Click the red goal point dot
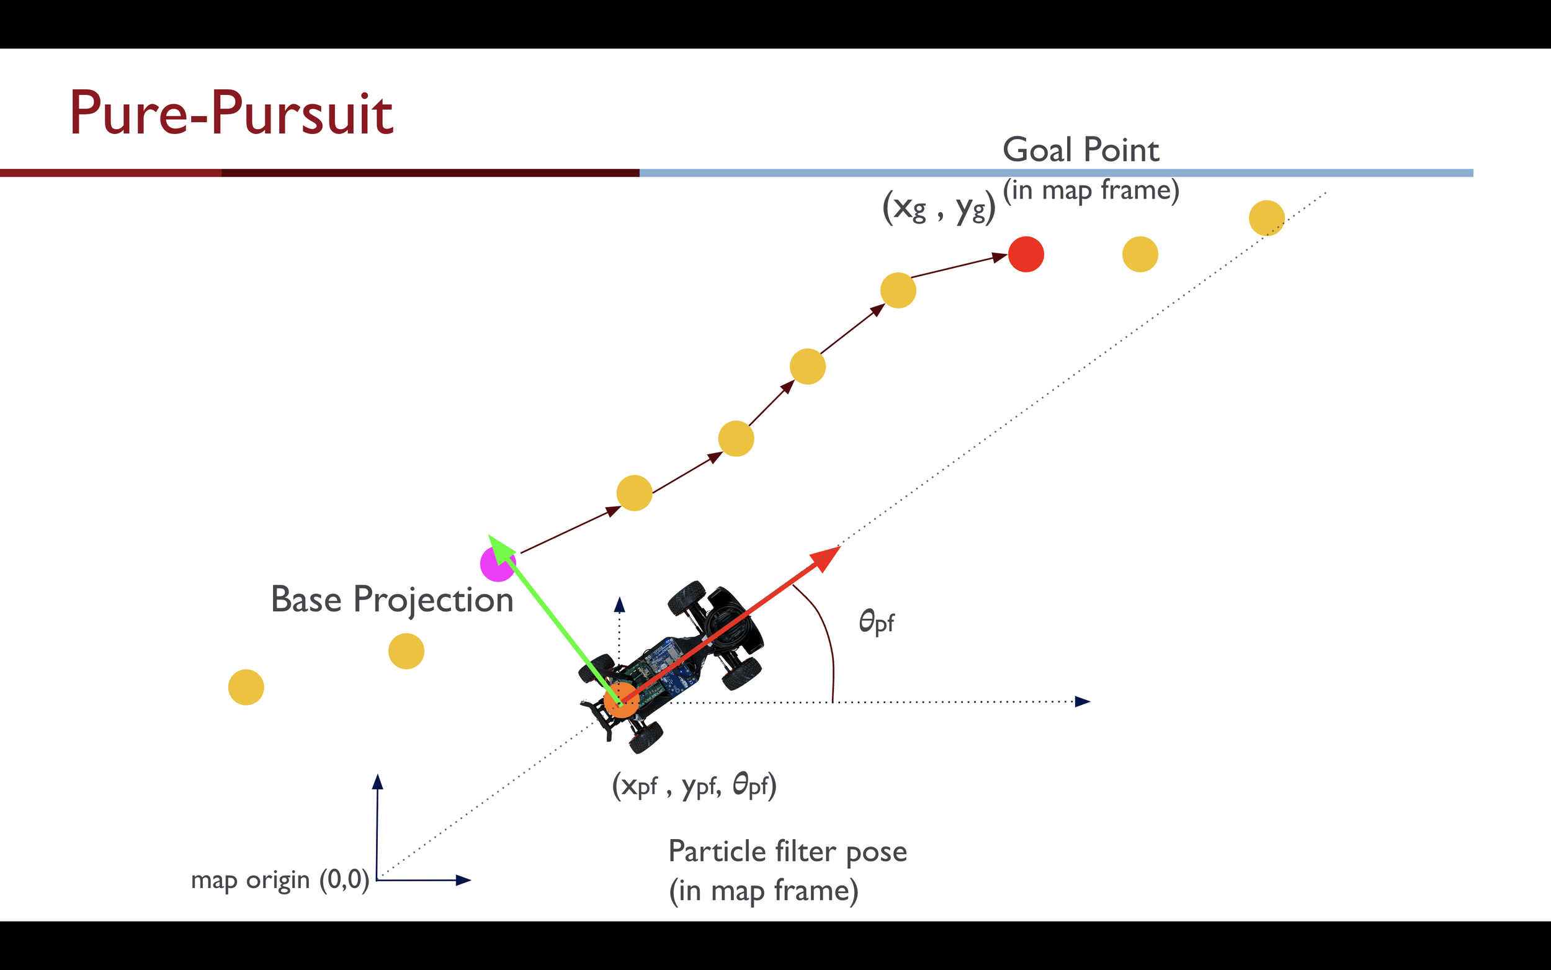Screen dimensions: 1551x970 1026,254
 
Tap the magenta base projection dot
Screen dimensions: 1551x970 497,565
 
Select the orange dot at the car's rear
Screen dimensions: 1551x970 620,700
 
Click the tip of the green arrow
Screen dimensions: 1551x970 491,536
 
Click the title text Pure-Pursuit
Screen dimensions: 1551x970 231,114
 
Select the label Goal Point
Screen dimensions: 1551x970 1080,150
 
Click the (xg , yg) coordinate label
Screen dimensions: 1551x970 938,208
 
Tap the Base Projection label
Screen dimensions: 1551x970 391,600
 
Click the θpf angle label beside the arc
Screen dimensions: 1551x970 877,622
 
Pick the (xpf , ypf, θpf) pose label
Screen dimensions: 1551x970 694,785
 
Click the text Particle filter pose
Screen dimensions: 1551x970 787,851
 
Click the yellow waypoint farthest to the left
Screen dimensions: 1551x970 246,687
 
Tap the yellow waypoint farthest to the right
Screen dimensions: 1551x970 1266,218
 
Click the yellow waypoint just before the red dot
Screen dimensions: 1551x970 898,290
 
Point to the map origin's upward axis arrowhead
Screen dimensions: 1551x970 378,781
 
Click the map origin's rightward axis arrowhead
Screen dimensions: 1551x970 464,880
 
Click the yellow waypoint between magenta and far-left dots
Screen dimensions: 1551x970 406,651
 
